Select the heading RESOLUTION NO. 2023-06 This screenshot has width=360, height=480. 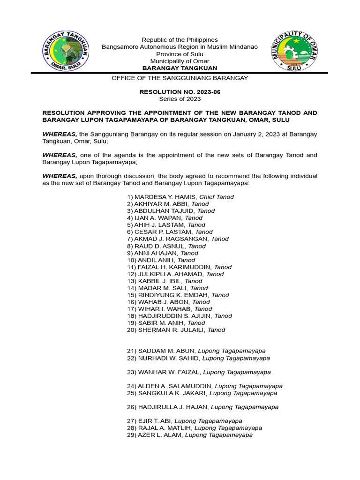180,92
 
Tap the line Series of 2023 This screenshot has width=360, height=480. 180,99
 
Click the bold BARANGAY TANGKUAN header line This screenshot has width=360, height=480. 180,68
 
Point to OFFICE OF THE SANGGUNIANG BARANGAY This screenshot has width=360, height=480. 180,78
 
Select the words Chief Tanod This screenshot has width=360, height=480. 217,197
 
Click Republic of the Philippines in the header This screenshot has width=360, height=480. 180,40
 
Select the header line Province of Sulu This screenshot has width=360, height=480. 180,54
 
